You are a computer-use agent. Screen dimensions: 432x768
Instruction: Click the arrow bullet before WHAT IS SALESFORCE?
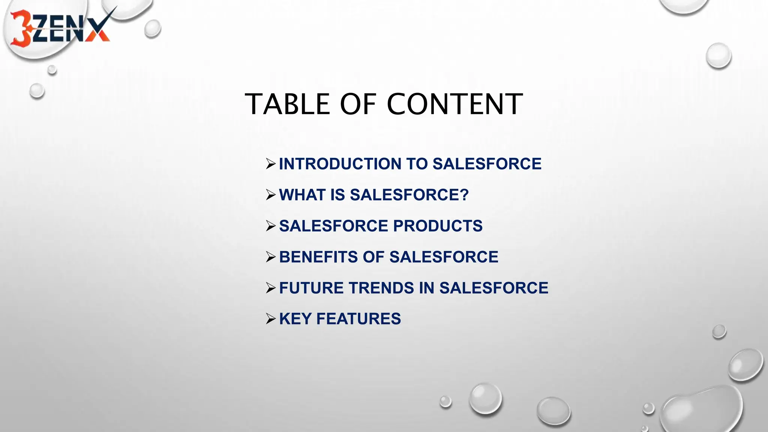click(271, 195)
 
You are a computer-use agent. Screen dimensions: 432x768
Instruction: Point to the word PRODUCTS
click(438, 226)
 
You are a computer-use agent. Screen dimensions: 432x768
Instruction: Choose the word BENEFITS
click(318, 257)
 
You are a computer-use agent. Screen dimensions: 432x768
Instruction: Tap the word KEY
click(295, 319)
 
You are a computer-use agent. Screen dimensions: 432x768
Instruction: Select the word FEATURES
click(358, 319)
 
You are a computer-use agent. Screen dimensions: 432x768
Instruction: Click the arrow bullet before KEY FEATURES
click(271, 319)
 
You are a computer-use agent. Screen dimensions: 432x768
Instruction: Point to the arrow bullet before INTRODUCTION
click(271, 164)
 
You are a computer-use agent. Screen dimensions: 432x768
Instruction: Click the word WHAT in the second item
click(302, 195)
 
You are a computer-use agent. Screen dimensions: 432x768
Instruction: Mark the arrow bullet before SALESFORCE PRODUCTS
click(271, 226)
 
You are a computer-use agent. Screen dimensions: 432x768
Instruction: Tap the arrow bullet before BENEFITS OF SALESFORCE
click(271, 257)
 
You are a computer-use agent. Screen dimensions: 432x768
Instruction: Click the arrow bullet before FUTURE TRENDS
click(271, 288)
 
